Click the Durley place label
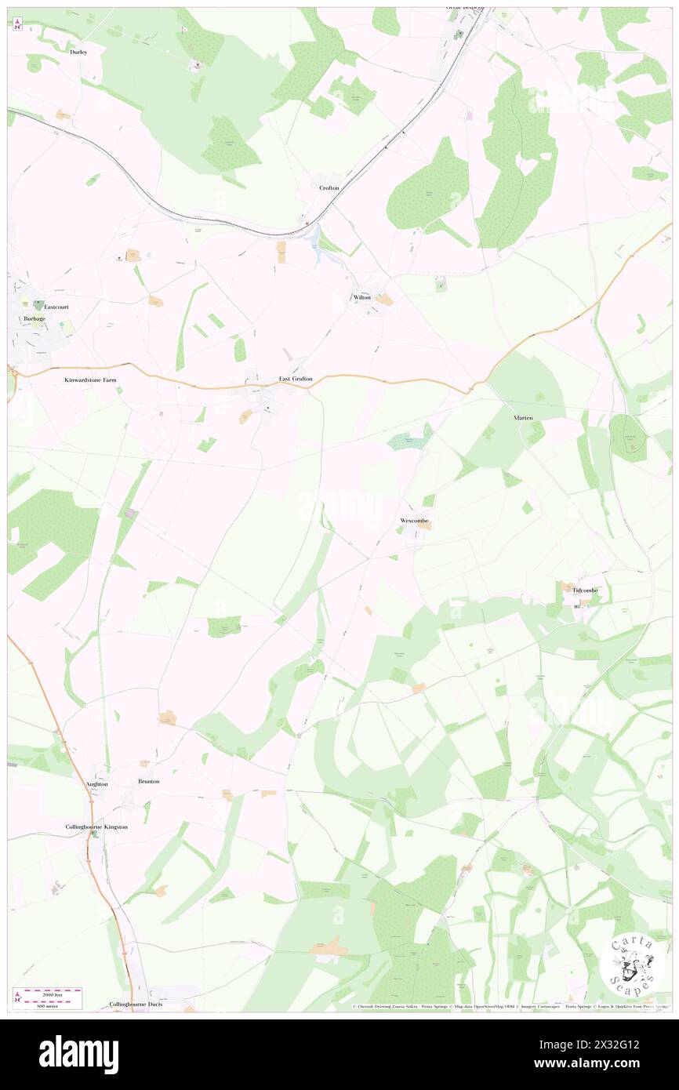pyautogui.click(x=78, y=52)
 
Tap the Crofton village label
pyautogui.click(x=329, y=188)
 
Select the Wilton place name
pyautogui.click(x=361, y=298)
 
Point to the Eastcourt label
pyautogui.click(x=57, y=307)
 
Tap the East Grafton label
pyautogui.click(x=296, y=380)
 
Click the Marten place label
pyautogui.click(x=523, y=418)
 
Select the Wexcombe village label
pyautogui.click(x=416, y=521)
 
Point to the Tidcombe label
pyautogui.click(x=585, y=590)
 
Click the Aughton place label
pyautogui.click(x=96, y=783)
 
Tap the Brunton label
pyautogui.click(x=148, y=782)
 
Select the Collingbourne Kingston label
pyautogui.click(x=96, y=827)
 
